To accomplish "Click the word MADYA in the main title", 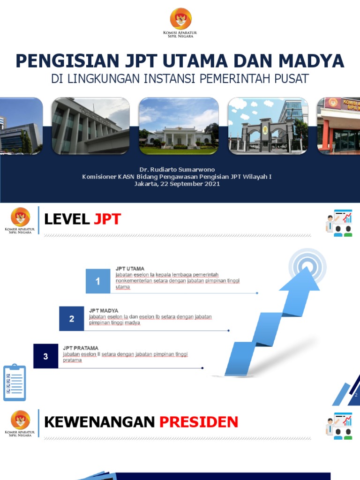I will tap(312, 61).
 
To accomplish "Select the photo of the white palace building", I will tap(179, 126).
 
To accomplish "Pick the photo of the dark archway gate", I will tap(268, 126).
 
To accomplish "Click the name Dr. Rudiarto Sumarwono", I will tap(177, 169).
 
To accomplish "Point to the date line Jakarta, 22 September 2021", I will tap(177, 184).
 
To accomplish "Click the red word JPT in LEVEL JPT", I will tap(107, 219).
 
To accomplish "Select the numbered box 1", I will tap(98, 281).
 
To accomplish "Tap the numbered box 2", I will tap(72, 319).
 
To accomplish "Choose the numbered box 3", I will tap(45, 356).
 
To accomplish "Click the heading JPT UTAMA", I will tap(130, 269).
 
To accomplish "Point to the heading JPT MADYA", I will tap(104, 310).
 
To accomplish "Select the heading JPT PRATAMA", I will tap(81, 348).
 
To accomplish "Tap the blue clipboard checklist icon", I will tap(15, 382).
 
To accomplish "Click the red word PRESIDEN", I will tap(199, 422).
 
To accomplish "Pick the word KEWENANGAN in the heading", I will tap(99, 422).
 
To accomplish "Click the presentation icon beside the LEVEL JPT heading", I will tap(339, 223).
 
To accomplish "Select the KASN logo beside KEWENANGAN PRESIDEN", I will tap(20, 423).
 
